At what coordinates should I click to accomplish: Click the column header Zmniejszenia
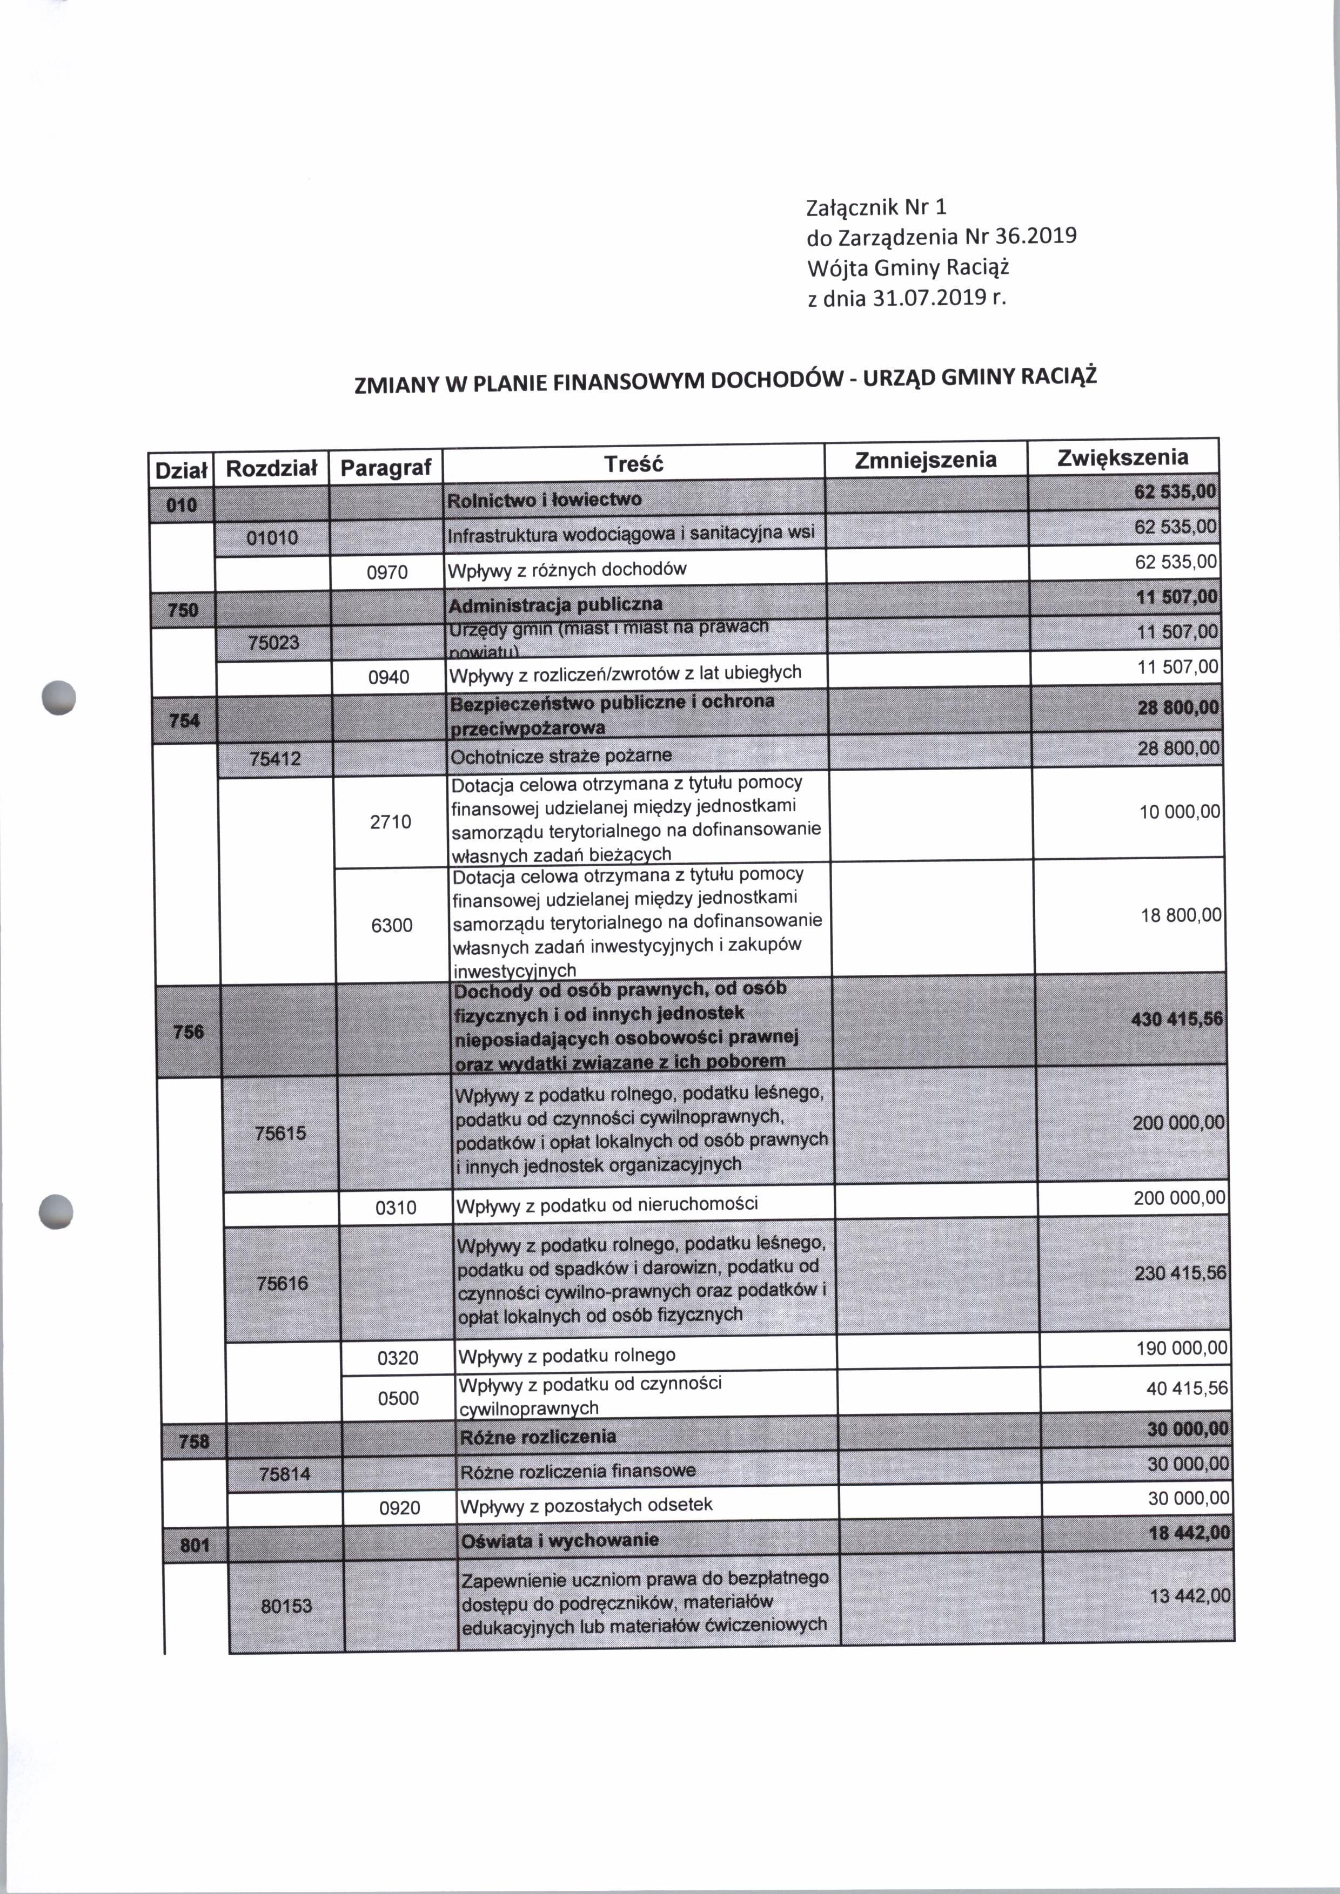[x=925, y=460]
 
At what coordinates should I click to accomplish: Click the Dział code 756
[x=188, y=1031]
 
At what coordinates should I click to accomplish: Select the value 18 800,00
[x=1181, y=915]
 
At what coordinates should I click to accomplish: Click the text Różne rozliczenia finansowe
[x=578, y=1471]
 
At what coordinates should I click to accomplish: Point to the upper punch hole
[x=58, y=697]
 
